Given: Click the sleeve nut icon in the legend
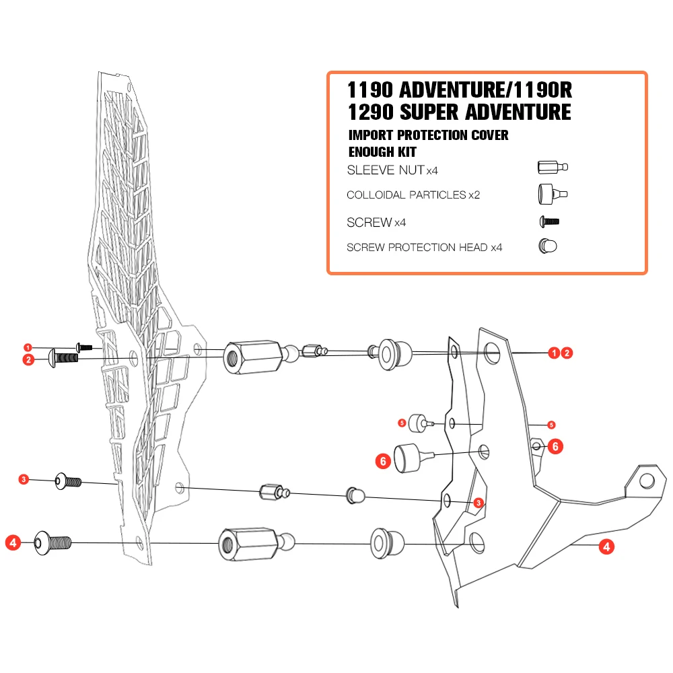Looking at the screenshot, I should [x=553, y=168].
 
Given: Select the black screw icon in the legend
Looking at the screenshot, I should [x=550, y=221].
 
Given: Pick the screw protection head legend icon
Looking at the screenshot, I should [x=548, y=247].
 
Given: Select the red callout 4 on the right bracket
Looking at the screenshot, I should [x=606, y=546].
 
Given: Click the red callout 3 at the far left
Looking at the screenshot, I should [x=24, y=479].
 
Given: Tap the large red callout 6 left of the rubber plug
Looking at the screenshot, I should [x=383, y=461].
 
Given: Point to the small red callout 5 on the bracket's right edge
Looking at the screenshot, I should [x=551, y=425].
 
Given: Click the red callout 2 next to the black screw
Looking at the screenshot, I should [x=28, y=360].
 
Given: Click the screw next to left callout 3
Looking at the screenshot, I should [x=67, y=481].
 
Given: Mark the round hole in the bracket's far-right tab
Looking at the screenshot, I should [x=647, y=481].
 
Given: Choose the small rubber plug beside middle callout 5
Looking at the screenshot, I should [x=421, y=423].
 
